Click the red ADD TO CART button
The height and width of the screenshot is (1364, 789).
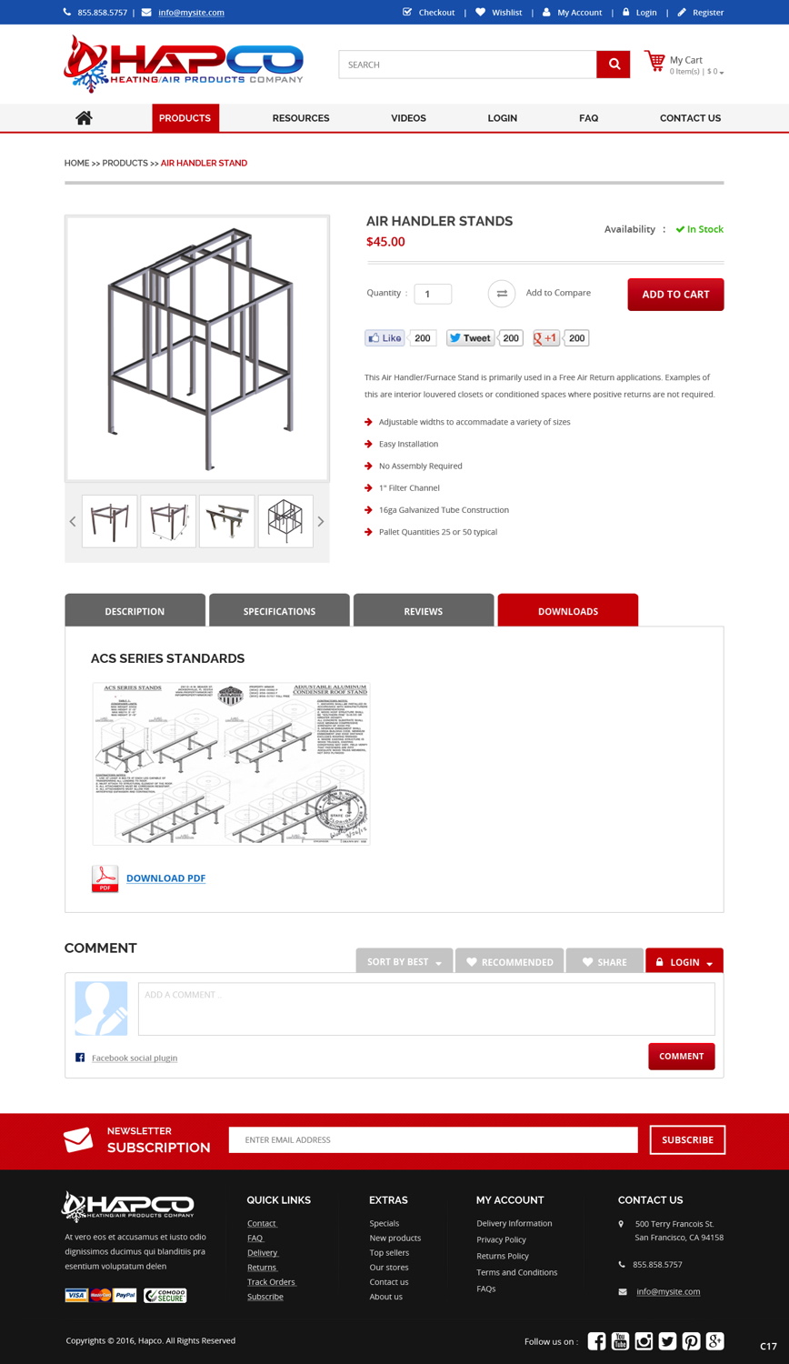pyautogui.click(x=675, y=295)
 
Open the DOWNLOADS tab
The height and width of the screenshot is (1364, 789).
pyautogui.click(x=568, y=611)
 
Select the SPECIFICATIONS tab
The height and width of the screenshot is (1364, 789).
pyautogui.click(x=279, y=611)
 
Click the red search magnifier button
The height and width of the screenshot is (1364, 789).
pyautogui.click(x=614, y=65)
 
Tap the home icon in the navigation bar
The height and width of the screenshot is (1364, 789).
pyautogui.click(x=84, y=117)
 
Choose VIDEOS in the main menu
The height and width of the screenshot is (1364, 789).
pyautogui.click(x=408, y=118)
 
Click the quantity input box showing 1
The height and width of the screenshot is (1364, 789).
pyautogui.click(x=433, y=294)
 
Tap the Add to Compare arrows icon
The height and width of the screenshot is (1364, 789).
pyautogui.click(x=502, y=294)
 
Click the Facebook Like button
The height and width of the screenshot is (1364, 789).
pyautogui.click(x=385, y=338)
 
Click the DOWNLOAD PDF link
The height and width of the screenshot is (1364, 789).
pyautogui.click(x=165, y=878)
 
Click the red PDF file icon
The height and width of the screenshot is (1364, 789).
pyautogui.click(x=105, y=878)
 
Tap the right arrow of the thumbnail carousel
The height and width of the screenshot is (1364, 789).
pyautogui.click(x=320, y=522)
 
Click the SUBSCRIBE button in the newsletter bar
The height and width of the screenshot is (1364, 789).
pyautogui.click(x=687, y=1139)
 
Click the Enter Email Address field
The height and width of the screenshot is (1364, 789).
pyautogui.click(x=433, y=1139)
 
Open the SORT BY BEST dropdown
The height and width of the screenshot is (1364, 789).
pyautogui.click(x=404, y=962)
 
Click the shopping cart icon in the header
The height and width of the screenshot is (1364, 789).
pyautogui.click(x=654, y=62)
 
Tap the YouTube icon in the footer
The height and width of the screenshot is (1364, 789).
pyautogui.click(x=620, y=1340)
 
